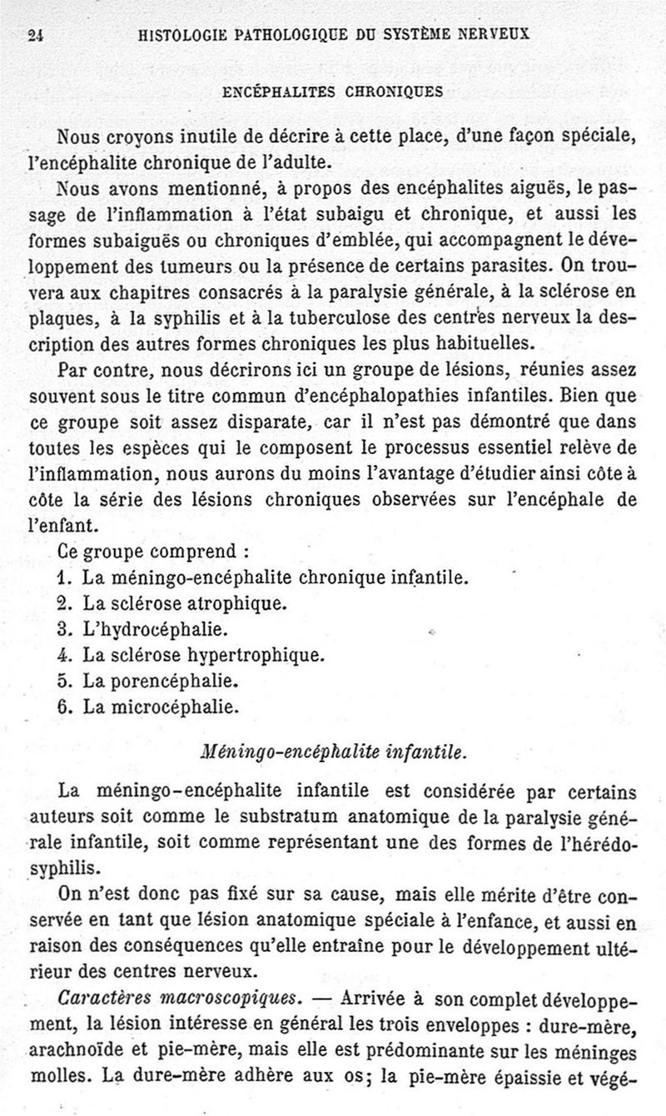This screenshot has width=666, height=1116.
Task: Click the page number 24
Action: [35, 35]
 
